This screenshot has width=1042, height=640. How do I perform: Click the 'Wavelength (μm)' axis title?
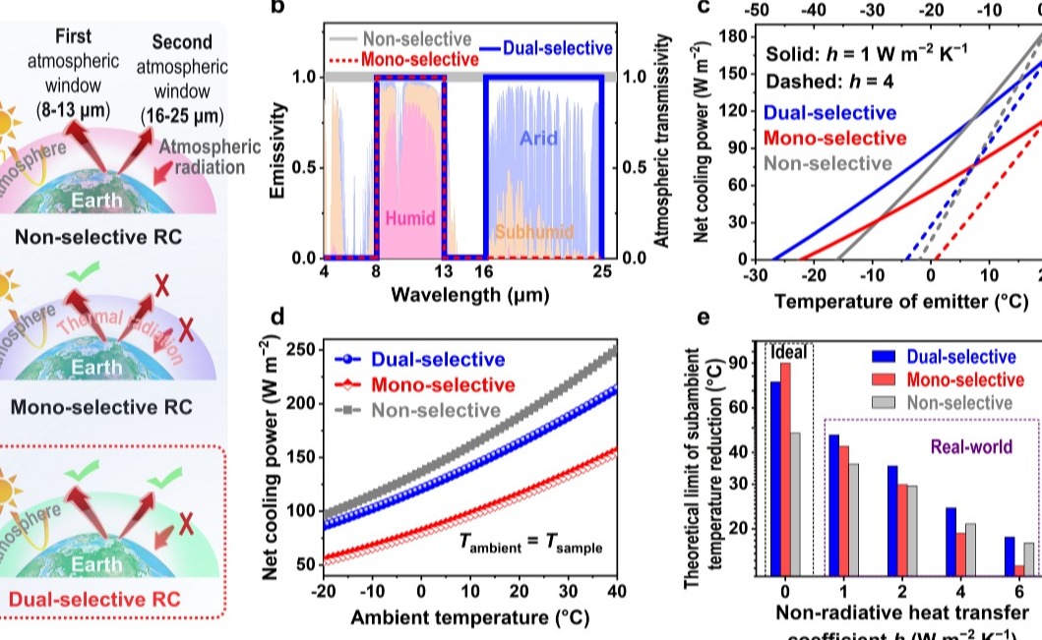click(x=469, y=294)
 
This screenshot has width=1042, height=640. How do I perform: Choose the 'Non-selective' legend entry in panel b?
click(x=417, y=38)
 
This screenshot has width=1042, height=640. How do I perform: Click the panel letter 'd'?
click(x=277, y=317)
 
